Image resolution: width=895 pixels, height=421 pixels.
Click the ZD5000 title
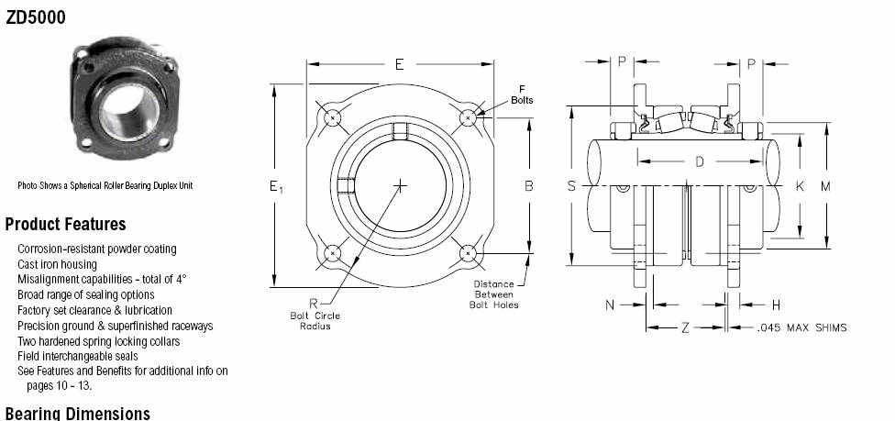pyautogui.click(x=36, y=17)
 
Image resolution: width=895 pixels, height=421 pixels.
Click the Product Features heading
pyautogui.click(x=66, y=224)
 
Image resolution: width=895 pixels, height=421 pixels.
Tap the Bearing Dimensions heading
pyautogui.click(x=78, y=414)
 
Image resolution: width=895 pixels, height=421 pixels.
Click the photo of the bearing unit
pyautogui.click(x=125, y=97)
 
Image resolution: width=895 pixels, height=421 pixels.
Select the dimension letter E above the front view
pyautogui.click(x=400, y=64)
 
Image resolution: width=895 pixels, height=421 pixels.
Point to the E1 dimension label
pyautogui.click(x=276, y=186)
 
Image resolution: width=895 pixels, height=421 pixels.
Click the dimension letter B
pyautogui.click(x=529, y=185)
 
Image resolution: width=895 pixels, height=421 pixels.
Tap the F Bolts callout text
pyautogui.click(x=522, y=94)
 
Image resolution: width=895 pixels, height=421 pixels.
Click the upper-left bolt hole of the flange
pyautogui.click(x=332, y=118)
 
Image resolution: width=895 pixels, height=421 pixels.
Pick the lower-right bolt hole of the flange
pyautogui.click(x=468, y=253)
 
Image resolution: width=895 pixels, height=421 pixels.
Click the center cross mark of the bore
pyautogui.click(x=401, y=185)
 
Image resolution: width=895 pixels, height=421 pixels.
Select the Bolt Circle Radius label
pyautogui.click(x=315, y=321)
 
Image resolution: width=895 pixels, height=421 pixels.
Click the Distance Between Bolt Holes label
pyautogui.click(x=493, y=294)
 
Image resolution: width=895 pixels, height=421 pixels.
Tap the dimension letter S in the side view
pyautogui.click(x=571, y=185)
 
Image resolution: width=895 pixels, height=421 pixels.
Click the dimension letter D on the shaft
pyautogui.click(x=700, y=162)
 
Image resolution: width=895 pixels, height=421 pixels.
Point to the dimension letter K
pyautogui.click(x=800, y=186)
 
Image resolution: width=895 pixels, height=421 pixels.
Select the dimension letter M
pyautogui.click(x=826, y=186)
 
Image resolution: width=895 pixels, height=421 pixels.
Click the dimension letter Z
pyautogui.click(x=686, y=327)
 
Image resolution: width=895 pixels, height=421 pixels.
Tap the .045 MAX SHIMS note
pyautogui.click(x=802, y=327)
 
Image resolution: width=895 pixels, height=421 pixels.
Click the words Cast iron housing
pyautogui.click(x=57, y=264)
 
